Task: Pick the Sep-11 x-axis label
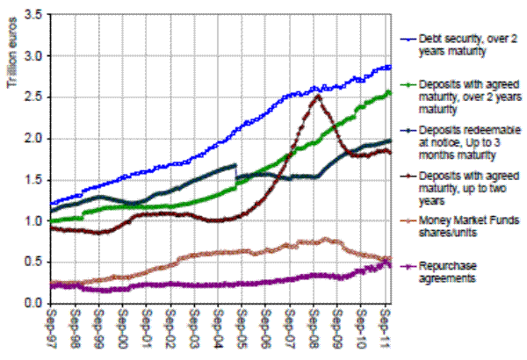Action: pyautogui.click(x=385, y=328)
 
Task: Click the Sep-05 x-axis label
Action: pyautogui.click(x=242, y=328)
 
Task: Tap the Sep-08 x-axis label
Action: pyautogui.click(x=313, y=328)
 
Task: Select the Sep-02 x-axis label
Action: pyautogui.click(x=170, y=328)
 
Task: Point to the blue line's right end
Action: pyautogui.click(x=391, y=67)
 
